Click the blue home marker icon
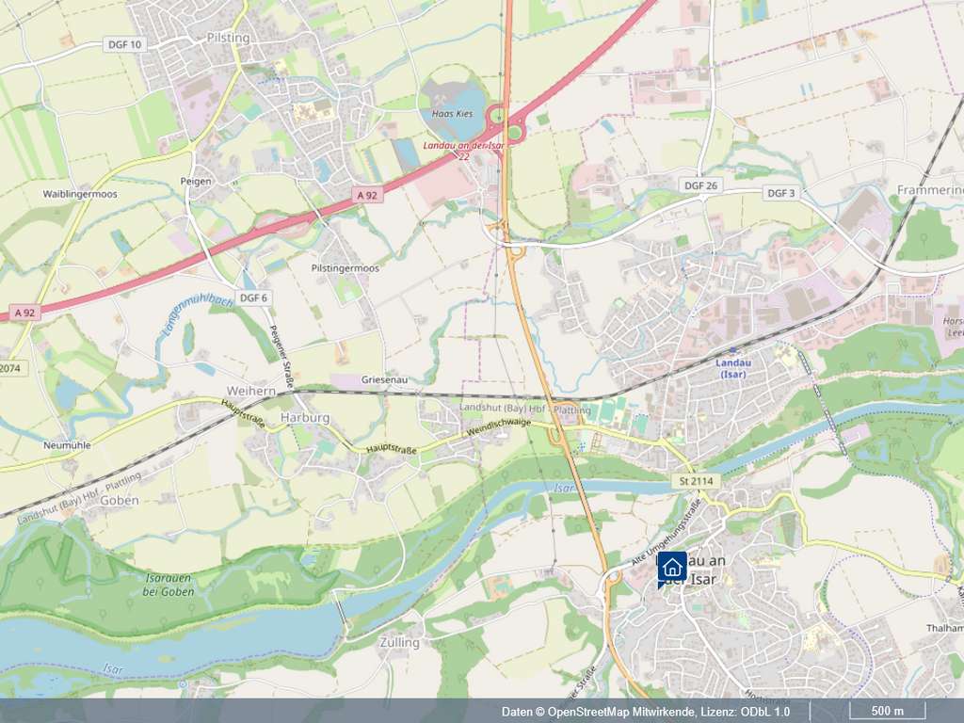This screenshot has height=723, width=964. click(x=671, y=567)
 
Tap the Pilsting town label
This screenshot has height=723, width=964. click(x=227, y=38)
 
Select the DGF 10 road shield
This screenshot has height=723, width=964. click(x=123, y=44)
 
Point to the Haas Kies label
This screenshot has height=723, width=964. click(x=452, y=113)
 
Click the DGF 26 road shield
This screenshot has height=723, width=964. click(x=700, y=186)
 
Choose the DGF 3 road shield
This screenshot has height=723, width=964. click(x=780, y=193)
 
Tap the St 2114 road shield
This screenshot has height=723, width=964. click(x=695, y=482)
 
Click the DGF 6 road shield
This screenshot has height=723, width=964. click(x=253, y=297)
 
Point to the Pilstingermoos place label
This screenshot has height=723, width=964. click(x=345, y=268)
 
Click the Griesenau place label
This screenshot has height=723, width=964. click(x=383, y=379)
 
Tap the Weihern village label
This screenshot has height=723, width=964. click(x=250, y=390)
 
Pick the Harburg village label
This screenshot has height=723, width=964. click(x=305, y=417)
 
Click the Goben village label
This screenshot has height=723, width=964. click(x=119, y=501)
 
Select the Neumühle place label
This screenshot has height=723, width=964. click(x=67, y=444)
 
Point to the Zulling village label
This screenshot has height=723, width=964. click(x=399, y=642)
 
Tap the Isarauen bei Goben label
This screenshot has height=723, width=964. click(x=169, y=585)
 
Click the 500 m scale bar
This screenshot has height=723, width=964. click(x=888, y=711)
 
